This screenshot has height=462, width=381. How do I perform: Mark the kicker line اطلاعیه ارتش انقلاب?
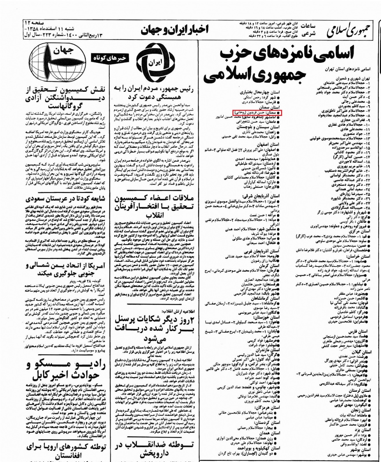[183, 312]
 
